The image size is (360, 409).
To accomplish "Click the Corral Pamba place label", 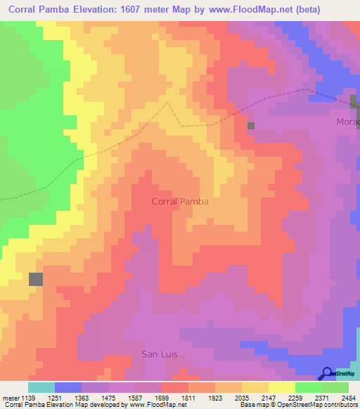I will click(180, 202).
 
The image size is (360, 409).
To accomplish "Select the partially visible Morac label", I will click(347, 122).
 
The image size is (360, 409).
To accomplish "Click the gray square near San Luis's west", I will click(36, 279).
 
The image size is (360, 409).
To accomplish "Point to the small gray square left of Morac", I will click(250, 125).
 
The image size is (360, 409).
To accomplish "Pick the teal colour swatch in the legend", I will click(41, 387).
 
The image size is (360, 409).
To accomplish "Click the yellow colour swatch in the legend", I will click(281, 387).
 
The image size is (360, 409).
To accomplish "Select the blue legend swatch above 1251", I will click(68, 387).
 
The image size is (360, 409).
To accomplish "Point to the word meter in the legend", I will click(10, 397).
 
